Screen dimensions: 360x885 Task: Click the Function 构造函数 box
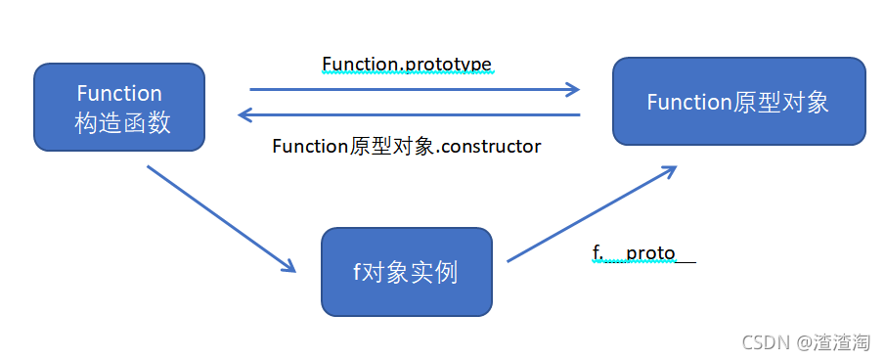click(119, 108)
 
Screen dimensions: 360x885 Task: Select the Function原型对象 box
click(738, 102)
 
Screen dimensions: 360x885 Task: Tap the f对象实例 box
click(406, 272)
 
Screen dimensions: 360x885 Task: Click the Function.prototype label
click(407, 65)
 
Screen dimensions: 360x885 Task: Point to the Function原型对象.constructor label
click(407, 147)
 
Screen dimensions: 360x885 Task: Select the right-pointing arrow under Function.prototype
click(414, 90)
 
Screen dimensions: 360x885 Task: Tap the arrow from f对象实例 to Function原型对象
click(592, 212)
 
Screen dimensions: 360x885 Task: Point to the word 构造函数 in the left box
click(119, 122)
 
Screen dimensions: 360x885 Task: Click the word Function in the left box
click(119, 94)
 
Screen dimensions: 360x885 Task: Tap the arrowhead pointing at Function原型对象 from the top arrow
click(571, 90)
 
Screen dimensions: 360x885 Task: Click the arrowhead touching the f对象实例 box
click(288, 266)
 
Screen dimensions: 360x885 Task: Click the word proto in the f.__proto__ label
click(650, 253)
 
